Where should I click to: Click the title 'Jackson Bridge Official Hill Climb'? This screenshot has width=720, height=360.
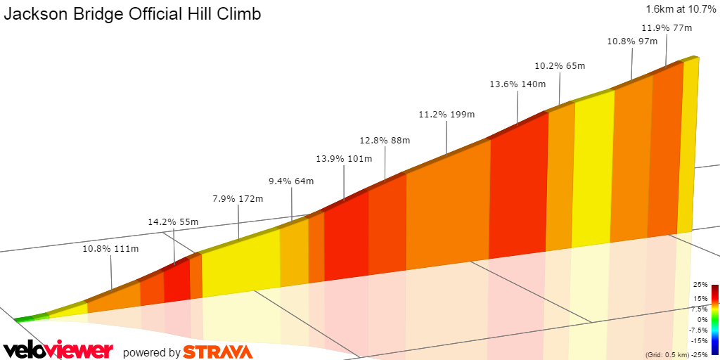(133, 14)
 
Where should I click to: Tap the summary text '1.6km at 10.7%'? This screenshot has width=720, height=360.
(680, 9)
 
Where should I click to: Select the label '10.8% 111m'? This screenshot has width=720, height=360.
(110, 248)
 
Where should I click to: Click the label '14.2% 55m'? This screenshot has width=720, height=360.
(173, 222)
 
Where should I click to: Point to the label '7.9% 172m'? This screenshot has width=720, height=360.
(238, 199)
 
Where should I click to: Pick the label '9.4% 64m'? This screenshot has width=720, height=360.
(291, 181)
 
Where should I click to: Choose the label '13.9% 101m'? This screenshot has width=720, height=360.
(344, 159)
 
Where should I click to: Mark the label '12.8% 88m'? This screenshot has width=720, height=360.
(385, 140)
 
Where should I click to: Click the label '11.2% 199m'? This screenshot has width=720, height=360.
(447, 115)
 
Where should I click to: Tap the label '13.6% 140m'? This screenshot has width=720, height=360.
(517, 84)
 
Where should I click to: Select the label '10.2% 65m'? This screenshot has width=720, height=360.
(560, 66)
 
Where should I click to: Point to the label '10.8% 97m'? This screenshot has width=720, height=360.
(631, 41)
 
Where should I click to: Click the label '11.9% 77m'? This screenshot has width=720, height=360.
(667, 28)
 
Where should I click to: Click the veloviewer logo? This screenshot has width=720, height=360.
(58, 350)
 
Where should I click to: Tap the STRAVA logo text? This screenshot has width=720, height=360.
(218, 352)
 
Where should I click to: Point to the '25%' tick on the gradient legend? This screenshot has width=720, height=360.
(700, 285)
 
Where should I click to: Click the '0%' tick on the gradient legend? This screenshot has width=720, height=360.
(702, 319)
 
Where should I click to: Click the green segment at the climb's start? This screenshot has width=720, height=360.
(25, 319)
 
